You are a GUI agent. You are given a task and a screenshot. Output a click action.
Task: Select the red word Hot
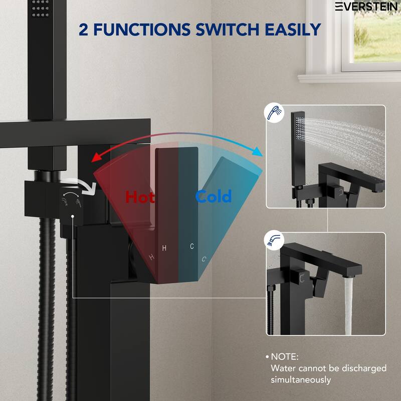point(140,196)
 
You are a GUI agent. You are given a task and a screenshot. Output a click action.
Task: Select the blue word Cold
point(214,196)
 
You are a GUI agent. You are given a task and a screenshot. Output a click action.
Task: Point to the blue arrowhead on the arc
point(258,151)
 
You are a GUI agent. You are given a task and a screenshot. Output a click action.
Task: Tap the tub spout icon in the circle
point(274,241)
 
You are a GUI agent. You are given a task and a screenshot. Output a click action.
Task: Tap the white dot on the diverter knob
point(73,216)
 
